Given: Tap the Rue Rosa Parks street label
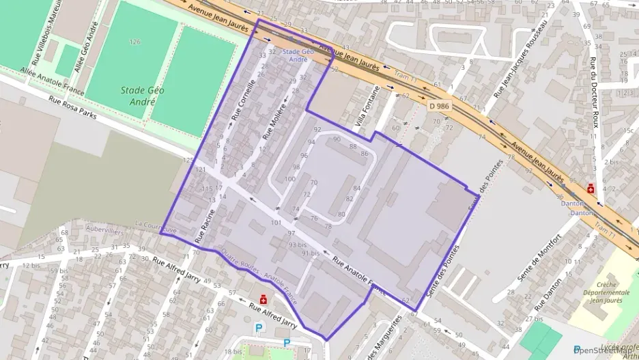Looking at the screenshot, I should [72, 108].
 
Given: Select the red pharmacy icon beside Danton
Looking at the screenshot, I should [591, 189].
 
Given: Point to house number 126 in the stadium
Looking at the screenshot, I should [135, 42].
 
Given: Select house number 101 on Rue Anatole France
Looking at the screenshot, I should [276, 222].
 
